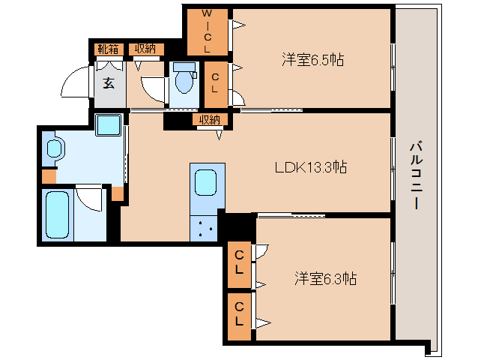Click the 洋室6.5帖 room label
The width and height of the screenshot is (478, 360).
click(x=312, y=59)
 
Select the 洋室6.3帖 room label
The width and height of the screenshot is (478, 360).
click(x=324, y=279)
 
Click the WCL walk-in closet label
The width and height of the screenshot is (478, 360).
click(x=208, y=31)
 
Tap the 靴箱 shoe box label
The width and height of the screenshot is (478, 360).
click(x=108, y=49)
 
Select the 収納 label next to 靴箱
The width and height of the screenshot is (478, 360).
click(x=145, y=49)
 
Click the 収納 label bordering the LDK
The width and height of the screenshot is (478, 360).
click(x=209, y=119)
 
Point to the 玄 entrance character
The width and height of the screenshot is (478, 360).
click(x=109, y=82)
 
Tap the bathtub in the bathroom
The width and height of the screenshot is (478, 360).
click(x=58, y=215)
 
